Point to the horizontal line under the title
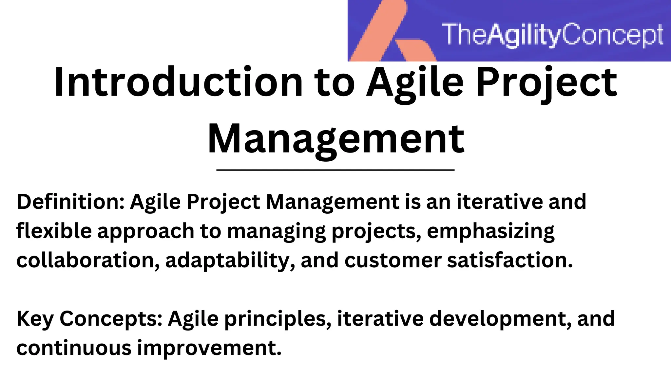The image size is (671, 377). pyautogui.click(x=335, y=170)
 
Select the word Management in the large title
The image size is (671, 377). pyautogui.click(x=336, y=139)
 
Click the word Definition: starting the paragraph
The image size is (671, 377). pyautogui.click(x=70, y=202)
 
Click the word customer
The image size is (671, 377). pyautogui.click(x=393, y=261)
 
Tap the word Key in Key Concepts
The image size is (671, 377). pyautogui.click(x=35, y=319)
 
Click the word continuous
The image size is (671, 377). pyautogui.click(x=74, y=348)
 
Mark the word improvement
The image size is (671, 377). pyautogui.click(x=209, y=348)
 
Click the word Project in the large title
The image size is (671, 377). pyautogui.click(x=546, y=82)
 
